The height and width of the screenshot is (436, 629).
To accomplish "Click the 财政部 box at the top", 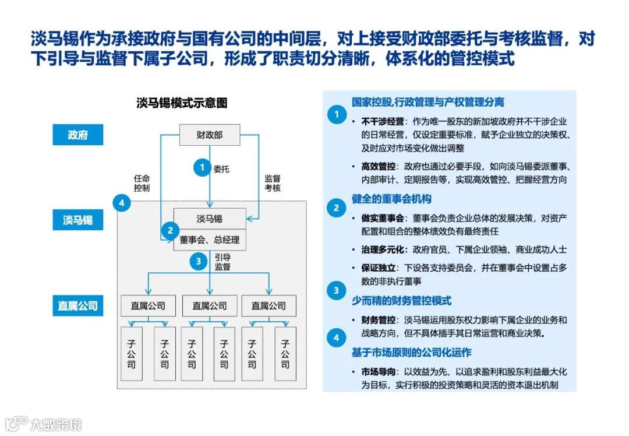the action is click(x=209, y=135).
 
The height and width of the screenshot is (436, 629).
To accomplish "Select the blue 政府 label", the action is click(x=77, y=135).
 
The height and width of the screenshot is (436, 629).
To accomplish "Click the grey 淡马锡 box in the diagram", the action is click(x=209, y=219).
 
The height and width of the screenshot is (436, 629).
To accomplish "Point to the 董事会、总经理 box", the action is click(x=209, y=240).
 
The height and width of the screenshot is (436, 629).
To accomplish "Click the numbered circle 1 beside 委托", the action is click(x=202, y=168).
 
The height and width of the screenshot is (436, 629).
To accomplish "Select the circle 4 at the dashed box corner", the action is click(x=121, y=203).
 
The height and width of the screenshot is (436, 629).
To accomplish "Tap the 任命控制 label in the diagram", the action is click(x=142, y=184).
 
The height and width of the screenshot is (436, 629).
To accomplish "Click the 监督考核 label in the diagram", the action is click(x=273, y=184).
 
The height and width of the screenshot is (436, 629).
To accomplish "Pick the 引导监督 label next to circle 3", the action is click(x=222, y=262).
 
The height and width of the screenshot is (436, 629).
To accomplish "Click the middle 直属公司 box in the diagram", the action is click(x=209, y=305).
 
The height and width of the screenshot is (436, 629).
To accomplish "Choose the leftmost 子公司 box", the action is click(x=132, y=354).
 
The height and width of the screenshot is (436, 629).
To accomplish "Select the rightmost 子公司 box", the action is click(x=285, y=354).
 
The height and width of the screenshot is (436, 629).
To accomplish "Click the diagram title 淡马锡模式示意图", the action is click(x=182, y=103).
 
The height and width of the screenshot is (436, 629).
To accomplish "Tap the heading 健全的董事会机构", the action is click(x=391, y=199).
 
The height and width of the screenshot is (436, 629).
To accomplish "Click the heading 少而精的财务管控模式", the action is click(x=401, y=301).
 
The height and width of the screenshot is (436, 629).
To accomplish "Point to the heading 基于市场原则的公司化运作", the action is click(x=411, y=353).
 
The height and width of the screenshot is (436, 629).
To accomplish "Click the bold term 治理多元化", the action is click(x=382, y=249).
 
